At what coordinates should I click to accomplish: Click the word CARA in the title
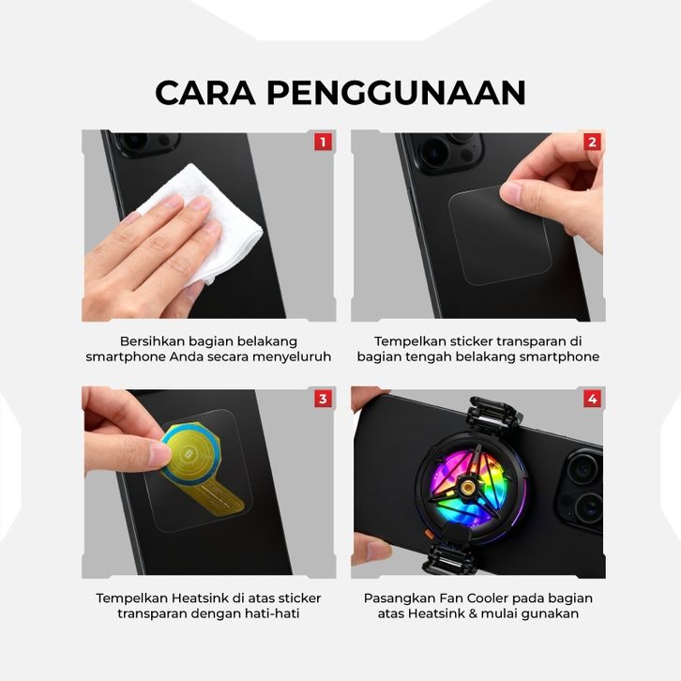[205, 93]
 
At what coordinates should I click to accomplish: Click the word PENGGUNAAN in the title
[396, 93]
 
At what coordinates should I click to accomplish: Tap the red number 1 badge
[323, 142]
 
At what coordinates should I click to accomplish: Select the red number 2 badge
[593, 142]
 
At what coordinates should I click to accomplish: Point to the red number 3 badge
[323, 399]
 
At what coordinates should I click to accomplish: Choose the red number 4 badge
[593, 399]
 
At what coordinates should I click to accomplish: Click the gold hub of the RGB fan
[467, 487]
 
